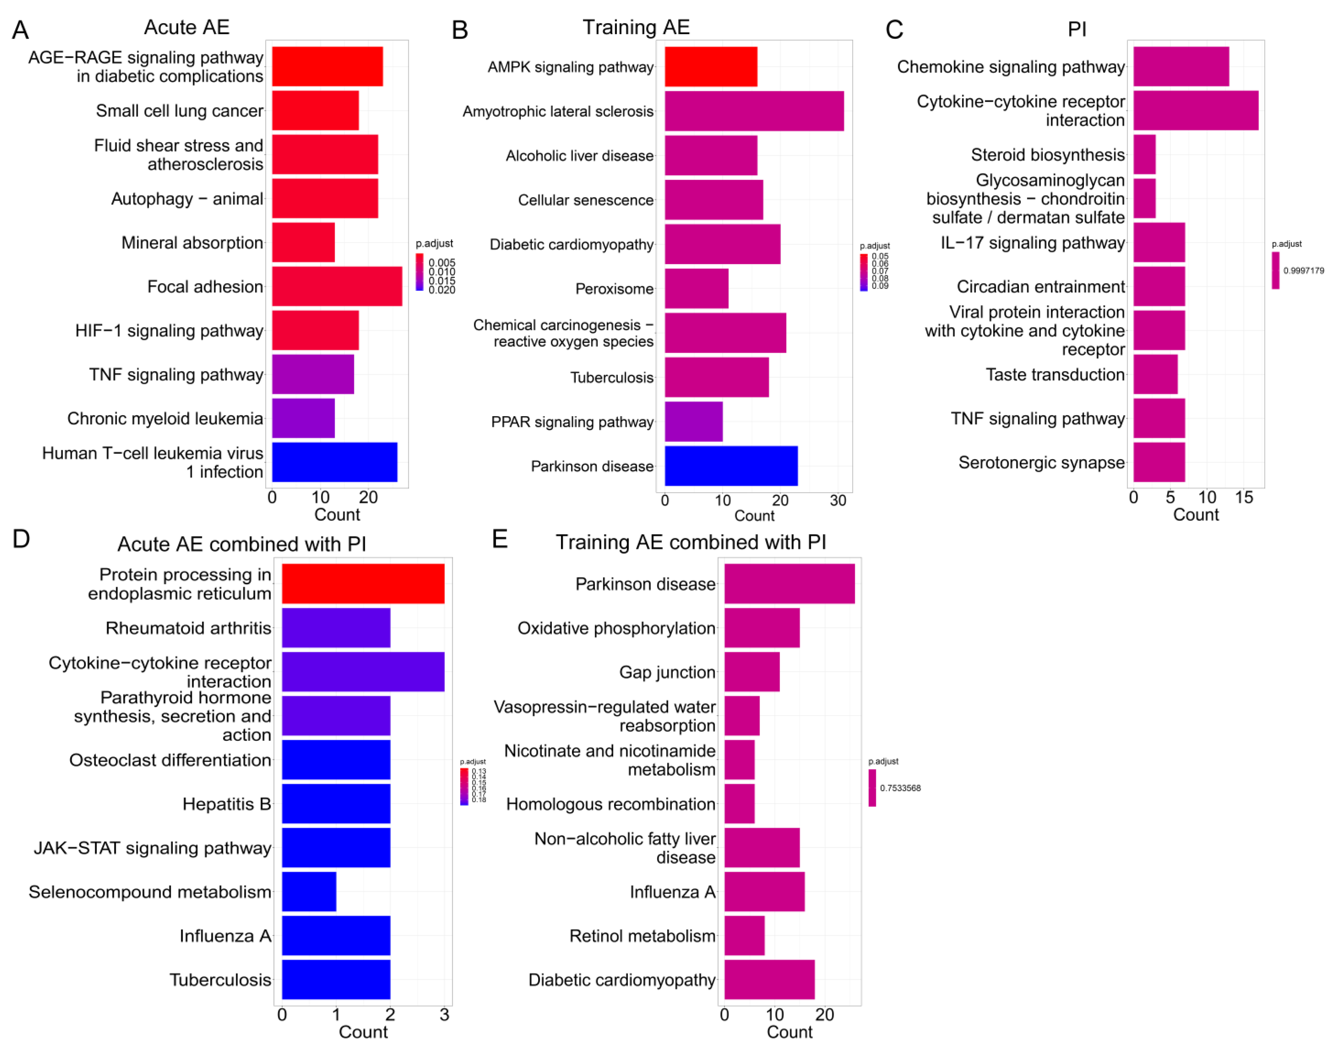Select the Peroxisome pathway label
tap(614, 289)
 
